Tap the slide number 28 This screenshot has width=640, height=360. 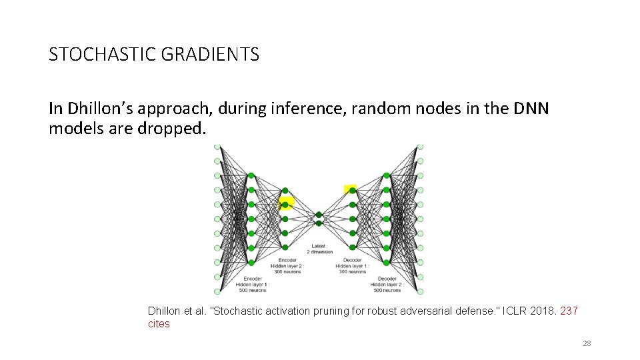(x=587, y=343)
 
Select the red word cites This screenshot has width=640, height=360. (x=159, y=324)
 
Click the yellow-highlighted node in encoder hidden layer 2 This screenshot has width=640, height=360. (x=285, y=203)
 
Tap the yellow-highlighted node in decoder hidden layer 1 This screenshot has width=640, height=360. (x=351, y=190)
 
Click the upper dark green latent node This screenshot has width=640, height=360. (x=319, y=214)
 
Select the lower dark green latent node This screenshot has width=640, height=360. (x=319, y=223)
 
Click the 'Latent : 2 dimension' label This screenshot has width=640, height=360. (x=319, y=249)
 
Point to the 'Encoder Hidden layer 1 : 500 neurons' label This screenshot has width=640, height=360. (x=253, y=285)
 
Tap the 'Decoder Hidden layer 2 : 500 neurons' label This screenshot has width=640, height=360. (x=387, y=285)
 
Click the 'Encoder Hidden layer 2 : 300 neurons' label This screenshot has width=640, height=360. (x=287, y=265)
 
